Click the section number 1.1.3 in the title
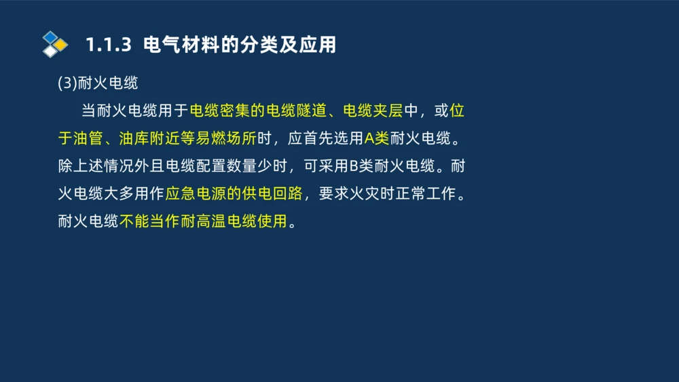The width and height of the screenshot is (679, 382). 107,45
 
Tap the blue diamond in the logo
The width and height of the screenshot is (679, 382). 50,37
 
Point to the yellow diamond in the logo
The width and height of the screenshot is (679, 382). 60,45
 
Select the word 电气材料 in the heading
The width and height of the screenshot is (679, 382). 174,45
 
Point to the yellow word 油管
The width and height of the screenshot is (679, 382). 88,138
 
